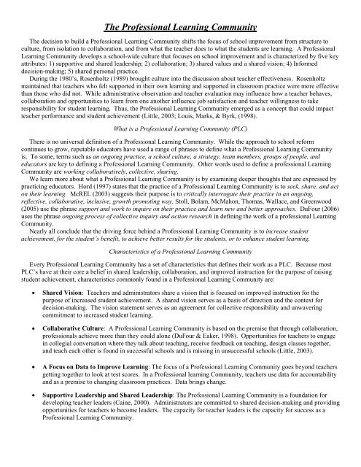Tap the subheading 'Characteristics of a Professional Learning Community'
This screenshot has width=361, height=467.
(180, 269)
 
